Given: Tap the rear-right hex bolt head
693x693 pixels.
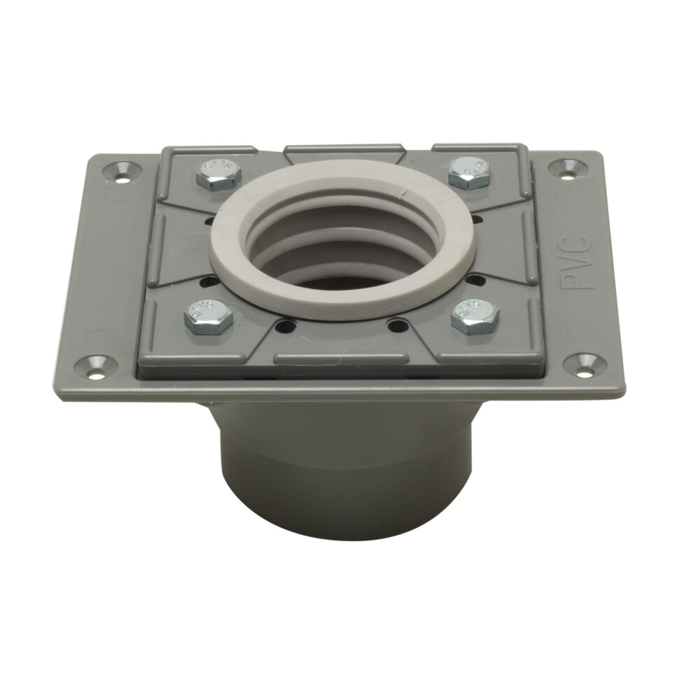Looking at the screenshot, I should (x=468, y=171).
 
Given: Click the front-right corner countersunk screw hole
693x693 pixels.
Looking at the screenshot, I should (x=588, y=363).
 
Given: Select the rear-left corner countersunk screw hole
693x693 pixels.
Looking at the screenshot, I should (x=115, y=169).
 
